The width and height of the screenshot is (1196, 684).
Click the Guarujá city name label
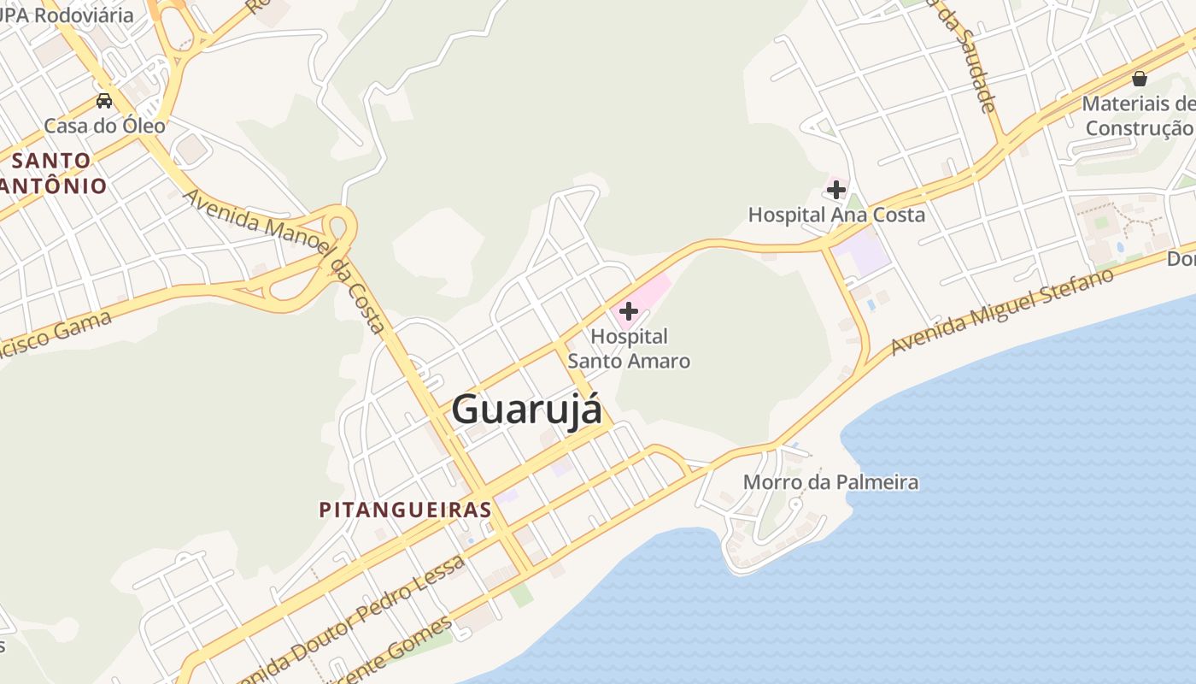[526, 409]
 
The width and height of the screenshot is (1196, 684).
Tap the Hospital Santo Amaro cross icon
[629, 311]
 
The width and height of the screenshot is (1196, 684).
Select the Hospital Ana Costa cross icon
[836, 189]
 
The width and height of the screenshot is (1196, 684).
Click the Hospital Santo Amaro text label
[629, 349]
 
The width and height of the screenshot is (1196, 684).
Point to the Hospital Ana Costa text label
[836, 215]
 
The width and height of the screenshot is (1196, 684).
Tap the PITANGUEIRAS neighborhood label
[405, 510]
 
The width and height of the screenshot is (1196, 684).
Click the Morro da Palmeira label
[830, 482]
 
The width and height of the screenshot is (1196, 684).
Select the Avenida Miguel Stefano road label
[1002, 311]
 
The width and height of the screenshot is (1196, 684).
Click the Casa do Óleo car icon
[104, 100]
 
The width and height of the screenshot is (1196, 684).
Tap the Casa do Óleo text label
[104, 126]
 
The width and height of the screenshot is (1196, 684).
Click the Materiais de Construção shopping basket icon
[1139, 79]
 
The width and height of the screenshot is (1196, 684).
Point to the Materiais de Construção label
[1138, 116]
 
